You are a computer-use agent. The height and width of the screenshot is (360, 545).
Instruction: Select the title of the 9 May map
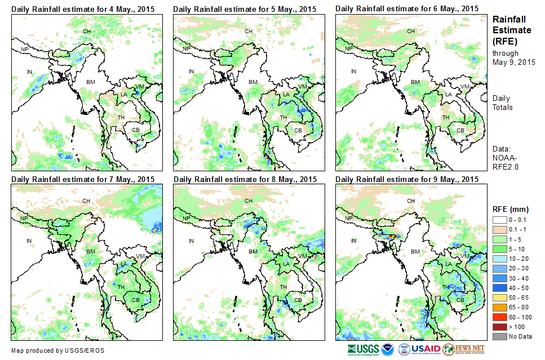point(407,179)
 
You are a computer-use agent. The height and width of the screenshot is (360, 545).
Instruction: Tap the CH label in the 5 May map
point(248,31)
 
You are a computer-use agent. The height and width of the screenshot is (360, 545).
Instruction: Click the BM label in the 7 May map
point(90,251)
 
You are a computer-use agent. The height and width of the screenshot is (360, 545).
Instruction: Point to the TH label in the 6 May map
point(445,117)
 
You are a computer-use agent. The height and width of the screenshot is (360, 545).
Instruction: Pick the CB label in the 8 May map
point(298,299)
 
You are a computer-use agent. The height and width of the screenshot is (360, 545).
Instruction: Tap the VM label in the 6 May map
point(464,86)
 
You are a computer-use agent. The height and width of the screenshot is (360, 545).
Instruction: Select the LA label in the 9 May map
point(449,264)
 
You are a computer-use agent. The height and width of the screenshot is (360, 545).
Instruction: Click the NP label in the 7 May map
point(24,218)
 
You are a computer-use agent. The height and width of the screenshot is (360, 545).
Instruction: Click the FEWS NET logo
point(464,349)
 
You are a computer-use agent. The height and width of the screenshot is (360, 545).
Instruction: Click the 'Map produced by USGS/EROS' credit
point(57,350)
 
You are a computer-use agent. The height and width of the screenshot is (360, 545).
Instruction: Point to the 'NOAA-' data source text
point(505,158)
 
